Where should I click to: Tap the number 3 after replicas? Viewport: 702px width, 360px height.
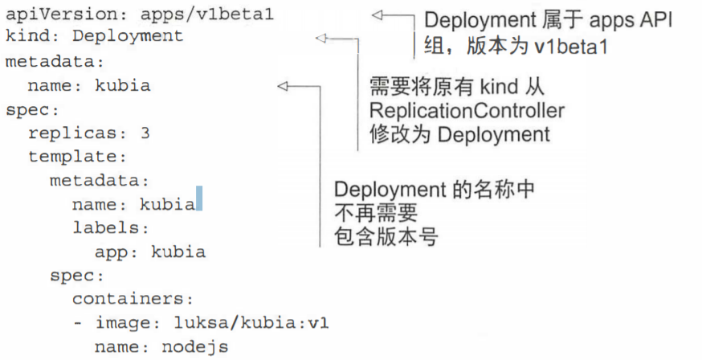(x=145, y=133)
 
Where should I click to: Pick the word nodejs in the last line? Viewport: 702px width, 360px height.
(x=194, y=347)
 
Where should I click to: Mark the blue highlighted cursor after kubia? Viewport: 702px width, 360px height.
(x=198, y=198)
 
